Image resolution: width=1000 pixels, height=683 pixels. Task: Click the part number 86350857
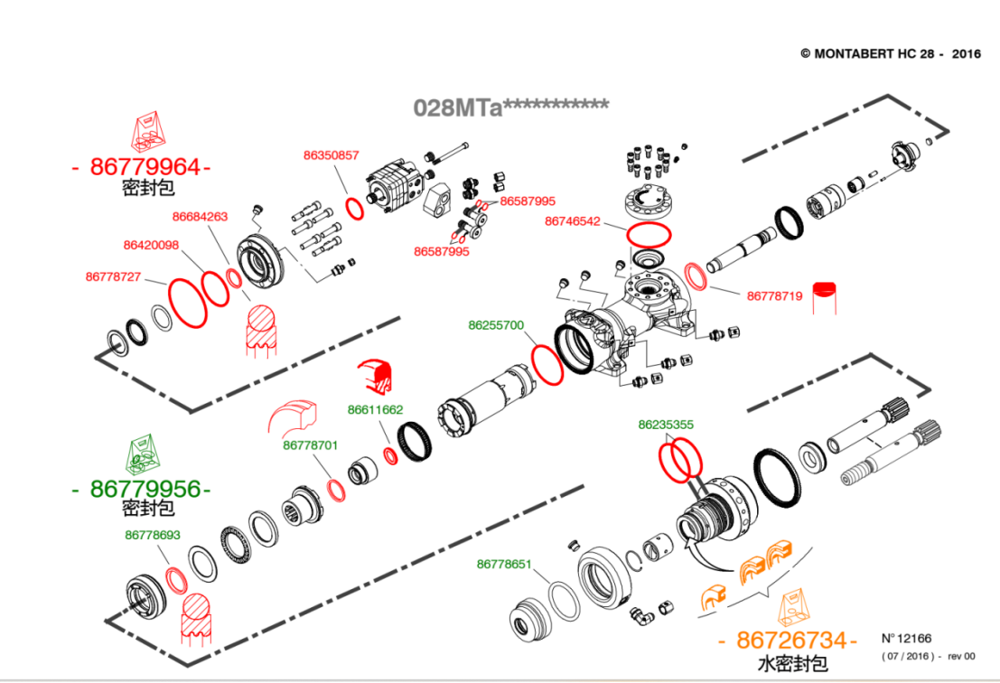[331, 155]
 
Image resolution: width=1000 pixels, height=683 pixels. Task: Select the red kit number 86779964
[145, 167]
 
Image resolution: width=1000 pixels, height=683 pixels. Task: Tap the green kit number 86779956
[145, 489]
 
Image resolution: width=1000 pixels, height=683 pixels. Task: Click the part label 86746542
[572, 221]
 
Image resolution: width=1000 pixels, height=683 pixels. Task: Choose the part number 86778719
[774, 295]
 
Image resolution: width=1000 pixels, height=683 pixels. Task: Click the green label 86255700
[495, 325]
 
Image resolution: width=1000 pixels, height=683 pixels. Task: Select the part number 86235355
[666, 424]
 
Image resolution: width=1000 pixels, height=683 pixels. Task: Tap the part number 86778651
[504, 564]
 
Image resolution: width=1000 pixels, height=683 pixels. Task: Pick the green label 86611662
[375, 409]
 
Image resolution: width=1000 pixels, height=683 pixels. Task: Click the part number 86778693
[153, 535]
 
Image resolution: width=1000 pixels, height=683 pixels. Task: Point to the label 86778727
[113, 276]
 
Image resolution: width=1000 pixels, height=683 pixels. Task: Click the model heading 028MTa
[510, 108]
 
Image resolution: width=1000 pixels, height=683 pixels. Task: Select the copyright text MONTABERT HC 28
[890, 53]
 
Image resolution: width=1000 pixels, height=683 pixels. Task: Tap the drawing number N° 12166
[906, 638]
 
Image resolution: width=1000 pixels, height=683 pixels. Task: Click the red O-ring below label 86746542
[649, 234]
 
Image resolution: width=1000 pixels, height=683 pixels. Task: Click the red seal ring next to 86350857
[355, 207]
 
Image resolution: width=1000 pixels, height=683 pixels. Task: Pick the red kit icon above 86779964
[149, 131]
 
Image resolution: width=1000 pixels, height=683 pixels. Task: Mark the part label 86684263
[200, 217]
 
